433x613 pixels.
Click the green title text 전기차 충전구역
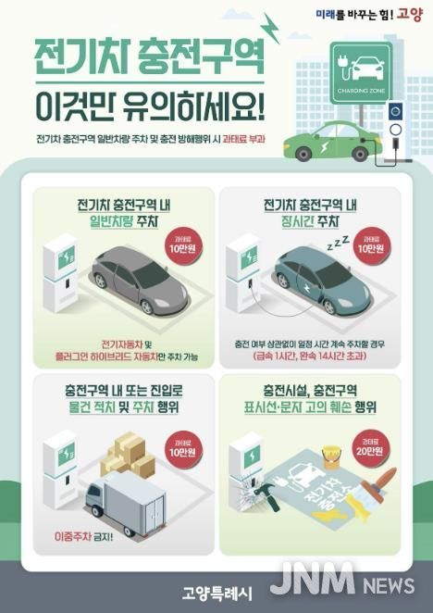point(148,61)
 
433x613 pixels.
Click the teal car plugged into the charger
point(319,282)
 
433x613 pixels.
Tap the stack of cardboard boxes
point(127,454)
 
